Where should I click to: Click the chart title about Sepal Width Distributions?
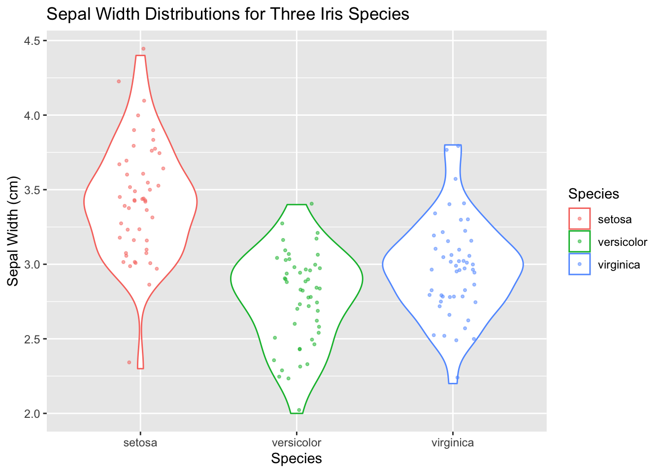tap(228, 14)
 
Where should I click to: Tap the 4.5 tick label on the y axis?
tap(33, 40)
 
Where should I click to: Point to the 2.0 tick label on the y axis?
tap(33, 413)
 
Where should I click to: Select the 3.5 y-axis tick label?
tap(33, 190)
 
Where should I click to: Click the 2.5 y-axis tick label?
tap(33, 339)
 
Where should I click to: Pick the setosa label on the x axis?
tap(140, 442)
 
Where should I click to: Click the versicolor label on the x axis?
tap(297, 442)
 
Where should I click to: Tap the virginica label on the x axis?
tap(453, 442)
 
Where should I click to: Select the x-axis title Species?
tap(297, 459)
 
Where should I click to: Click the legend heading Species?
tap(594, 194)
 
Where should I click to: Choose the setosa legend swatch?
tap(579, 219)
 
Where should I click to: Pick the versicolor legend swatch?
tap(579, 241)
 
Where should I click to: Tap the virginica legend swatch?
tap(579, 264)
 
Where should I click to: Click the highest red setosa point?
tap(143, 49)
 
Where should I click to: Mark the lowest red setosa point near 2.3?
tap(129, 362)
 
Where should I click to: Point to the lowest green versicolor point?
tap(299, 410)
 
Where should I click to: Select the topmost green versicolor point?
tap(311, 203)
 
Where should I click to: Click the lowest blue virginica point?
tap(457, 377)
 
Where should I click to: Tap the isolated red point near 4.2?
tap(119, 81)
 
